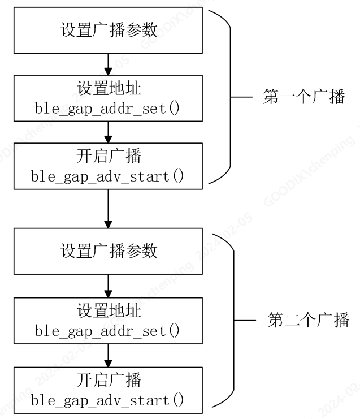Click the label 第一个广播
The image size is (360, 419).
(x=303, y=97)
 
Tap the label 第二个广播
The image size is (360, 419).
(x=308, y=321)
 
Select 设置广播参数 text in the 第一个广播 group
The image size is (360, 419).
(x=109, y=31)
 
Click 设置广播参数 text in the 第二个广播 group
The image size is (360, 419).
(x=109, y=250)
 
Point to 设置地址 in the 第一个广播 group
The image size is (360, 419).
(x=109, y=89)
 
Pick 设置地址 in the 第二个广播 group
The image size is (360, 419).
(x=109, y=311)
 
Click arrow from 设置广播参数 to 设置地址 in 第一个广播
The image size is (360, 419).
(x=108, y=63)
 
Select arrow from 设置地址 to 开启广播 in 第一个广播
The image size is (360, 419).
(x=108, y=132)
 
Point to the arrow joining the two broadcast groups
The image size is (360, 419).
(x=108, y=208)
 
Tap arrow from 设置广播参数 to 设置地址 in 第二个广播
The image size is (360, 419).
(x=108, y=286)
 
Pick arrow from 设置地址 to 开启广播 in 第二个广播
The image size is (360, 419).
(x=108, y=355)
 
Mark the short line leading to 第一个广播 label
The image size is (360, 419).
(x=242, y=97)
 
